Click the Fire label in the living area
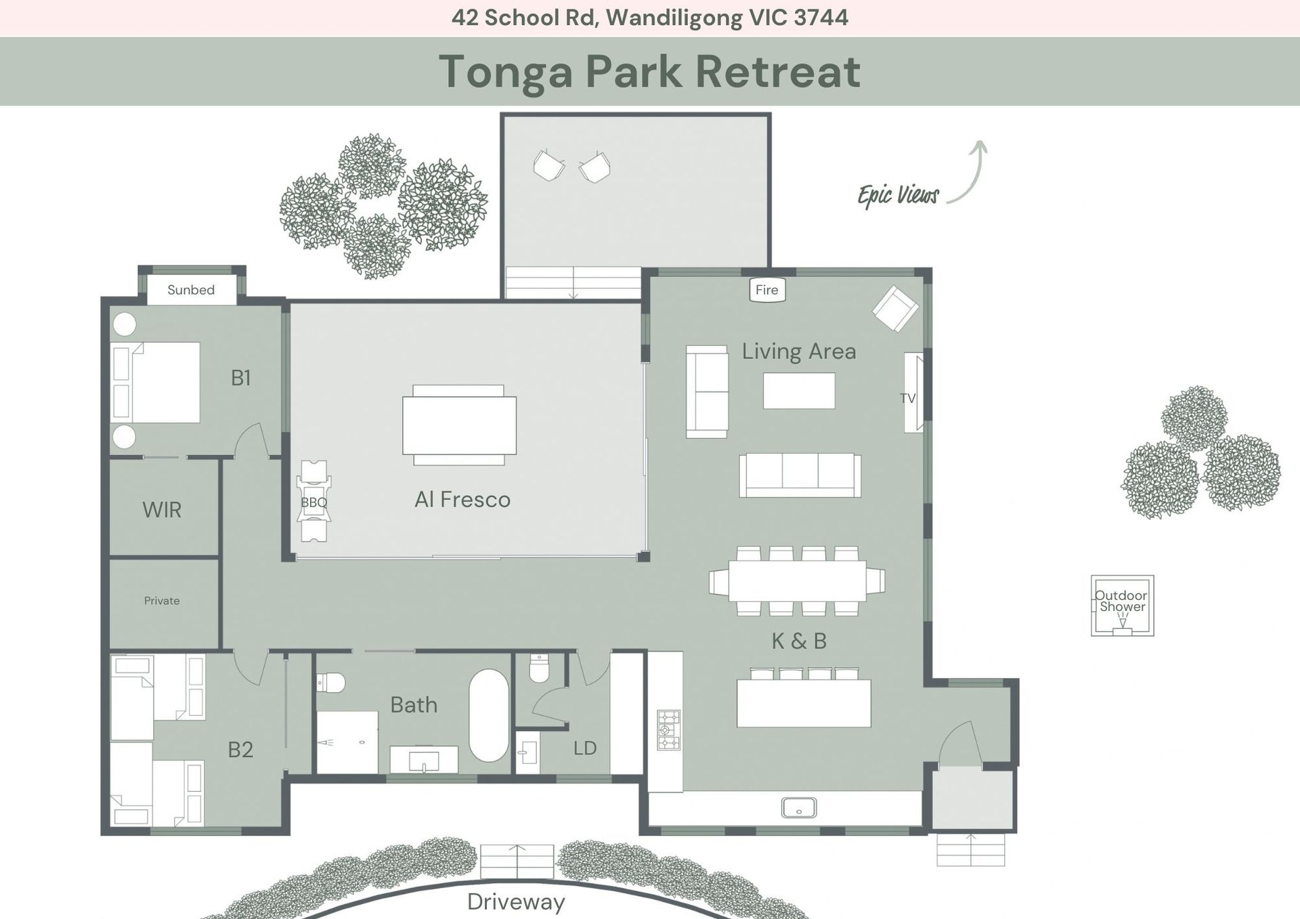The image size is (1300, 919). [x=766, y=290]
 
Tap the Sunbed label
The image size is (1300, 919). [x=191, y=290]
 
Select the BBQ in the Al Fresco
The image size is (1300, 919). [x=313, y=501]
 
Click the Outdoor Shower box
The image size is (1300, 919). [x=1122, y=605]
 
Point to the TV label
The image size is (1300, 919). [x=907, y=398]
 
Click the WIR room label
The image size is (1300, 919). [x=162, y=509]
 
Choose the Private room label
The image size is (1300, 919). [x=162, y=601]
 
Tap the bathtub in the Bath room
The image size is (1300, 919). [x=489, y=716]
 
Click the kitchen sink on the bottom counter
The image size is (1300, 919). [x=799, y=808]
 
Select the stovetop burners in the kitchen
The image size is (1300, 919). [x=668, y=729]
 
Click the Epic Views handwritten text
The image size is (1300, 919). [x=898, y=195]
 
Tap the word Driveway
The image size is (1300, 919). [x=516, y=902]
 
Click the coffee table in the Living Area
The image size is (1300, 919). [x=799, y=391]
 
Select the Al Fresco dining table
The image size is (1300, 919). [x=459, y=425]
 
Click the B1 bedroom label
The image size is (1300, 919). [x=240, y=377]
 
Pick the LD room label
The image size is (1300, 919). [x=585, y=748]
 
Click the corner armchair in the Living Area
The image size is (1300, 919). [x=895, y=309]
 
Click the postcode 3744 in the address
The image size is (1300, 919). [x=821, y=18]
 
